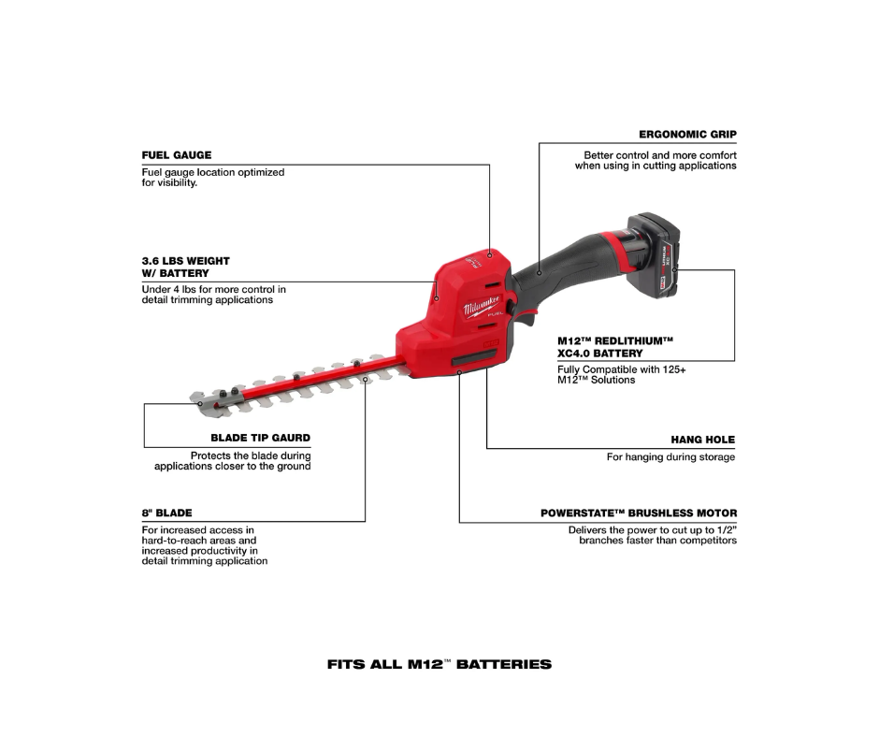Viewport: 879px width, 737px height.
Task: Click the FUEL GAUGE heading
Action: coord(177,155)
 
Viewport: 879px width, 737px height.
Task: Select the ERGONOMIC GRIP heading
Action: coord(688,135)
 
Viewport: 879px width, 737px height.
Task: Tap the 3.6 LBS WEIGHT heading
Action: coord(185,261)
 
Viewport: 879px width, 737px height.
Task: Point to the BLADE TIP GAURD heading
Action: coord(261,438)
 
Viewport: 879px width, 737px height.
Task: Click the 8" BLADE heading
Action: coord(167,513)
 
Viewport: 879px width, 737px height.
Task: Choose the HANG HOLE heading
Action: coord(703,440)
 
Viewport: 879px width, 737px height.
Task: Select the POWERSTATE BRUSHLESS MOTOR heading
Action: coord(639,513)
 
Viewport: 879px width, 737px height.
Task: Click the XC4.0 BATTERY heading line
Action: coord(600,354)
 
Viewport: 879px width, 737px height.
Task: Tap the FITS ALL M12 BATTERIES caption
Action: coord(439,664)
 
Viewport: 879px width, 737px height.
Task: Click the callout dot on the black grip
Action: coord(540,273)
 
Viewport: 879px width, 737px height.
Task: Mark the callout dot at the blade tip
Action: coord(200,403)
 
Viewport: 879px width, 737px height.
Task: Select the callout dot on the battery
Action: coord(674,269)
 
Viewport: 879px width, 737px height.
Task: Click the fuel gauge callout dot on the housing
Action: coord(489,255)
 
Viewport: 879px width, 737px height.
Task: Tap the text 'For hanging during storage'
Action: coord(671,457)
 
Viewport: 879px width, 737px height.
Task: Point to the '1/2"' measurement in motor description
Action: coord(728,530)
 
